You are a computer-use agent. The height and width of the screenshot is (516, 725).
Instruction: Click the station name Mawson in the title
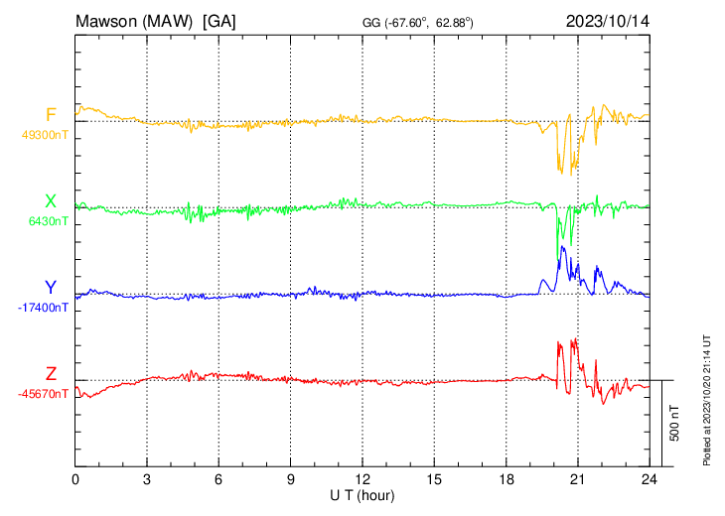(x=107, y=20)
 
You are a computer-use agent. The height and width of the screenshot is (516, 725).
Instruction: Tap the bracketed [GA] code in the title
(x=218, y=20)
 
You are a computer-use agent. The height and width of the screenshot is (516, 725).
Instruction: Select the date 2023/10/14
(x=606, y=20)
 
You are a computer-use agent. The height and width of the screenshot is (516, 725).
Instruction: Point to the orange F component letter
(x=51, y=115)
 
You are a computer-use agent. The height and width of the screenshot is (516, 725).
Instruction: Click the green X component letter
(x=51, y=201)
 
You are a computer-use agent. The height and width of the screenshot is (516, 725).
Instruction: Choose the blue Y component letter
(x=51, y=288)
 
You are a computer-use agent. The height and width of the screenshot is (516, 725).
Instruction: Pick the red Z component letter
(x=51, y=374)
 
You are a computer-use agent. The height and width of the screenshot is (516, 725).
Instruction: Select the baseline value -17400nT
(x=44, y=308)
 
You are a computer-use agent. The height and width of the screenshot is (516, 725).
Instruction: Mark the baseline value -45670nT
(x=44, y=394)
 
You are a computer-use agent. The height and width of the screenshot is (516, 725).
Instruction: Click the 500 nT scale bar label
(x=675, y=423)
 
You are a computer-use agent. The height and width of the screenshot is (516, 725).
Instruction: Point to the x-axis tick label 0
(x=76, y=479)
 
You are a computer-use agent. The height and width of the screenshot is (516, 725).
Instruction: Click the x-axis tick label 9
(x=291, y=479)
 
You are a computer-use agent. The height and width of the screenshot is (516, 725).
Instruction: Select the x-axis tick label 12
(x=362, y=479)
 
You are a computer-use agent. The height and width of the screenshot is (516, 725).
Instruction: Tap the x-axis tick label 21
(x=578, y=479)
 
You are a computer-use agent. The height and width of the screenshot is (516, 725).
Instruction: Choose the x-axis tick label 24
(x=650, y=479)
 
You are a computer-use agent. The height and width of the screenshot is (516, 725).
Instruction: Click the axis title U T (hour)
(x=362, y=494)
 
